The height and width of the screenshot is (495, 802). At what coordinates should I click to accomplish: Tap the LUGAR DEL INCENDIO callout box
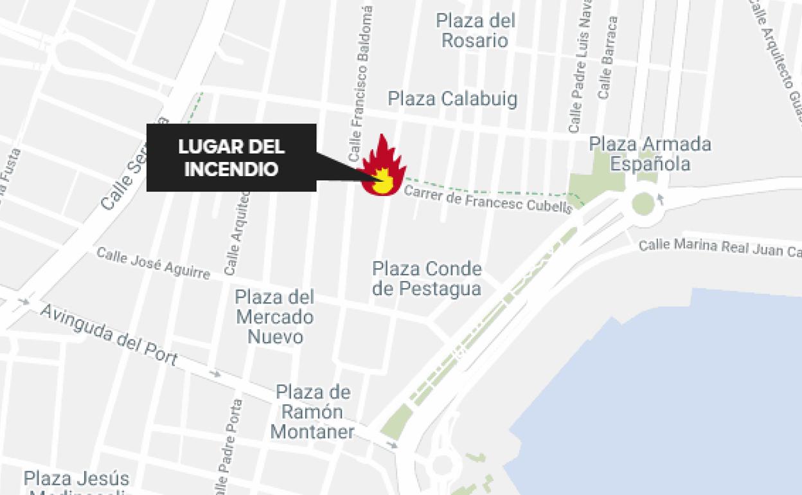tap(231, 157)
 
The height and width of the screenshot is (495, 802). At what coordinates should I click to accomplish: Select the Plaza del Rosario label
tap(476, 31)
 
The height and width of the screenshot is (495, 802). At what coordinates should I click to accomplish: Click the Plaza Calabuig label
tap(452, 99)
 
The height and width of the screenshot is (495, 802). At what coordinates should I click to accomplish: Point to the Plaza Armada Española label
tap(650, 154)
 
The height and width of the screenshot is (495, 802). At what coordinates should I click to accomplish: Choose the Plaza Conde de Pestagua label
tap(427, 278)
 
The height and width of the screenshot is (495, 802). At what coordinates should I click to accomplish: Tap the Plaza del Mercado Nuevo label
tap(274, 317)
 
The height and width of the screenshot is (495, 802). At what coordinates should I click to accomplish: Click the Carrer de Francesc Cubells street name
tap(487, 198)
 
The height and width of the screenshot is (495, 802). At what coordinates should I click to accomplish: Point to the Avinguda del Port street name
tap(109, 334)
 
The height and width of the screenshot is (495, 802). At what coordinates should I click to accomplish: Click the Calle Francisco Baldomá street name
tap(361, 84)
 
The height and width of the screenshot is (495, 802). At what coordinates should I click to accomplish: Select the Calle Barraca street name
tap(607, 58)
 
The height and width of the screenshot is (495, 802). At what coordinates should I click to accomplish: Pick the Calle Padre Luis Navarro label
tap(580, 71)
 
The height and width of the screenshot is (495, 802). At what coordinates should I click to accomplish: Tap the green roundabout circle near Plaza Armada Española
tap(643, 204)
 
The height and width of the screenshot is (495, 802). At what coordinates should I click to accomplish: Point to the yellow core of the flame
tap(383, 179)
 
